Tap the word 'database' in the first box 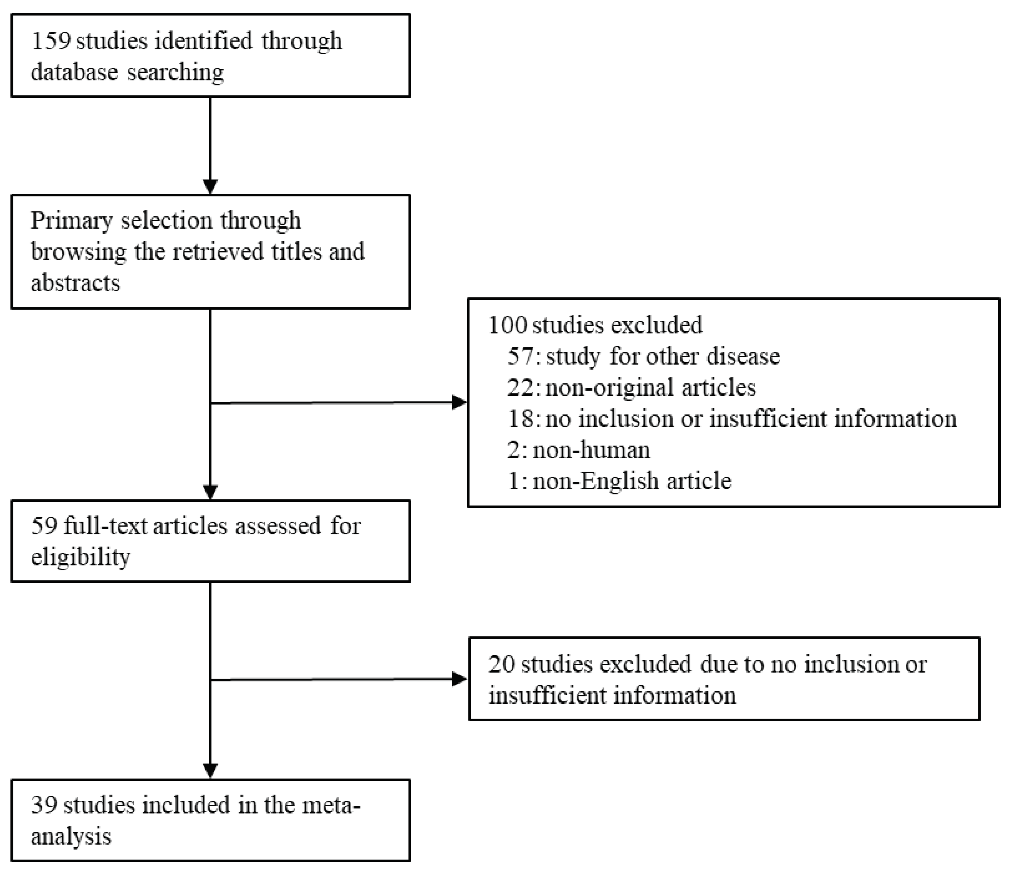74,72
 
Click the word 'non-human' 591,450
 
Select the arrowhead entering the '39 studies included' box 210,771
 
